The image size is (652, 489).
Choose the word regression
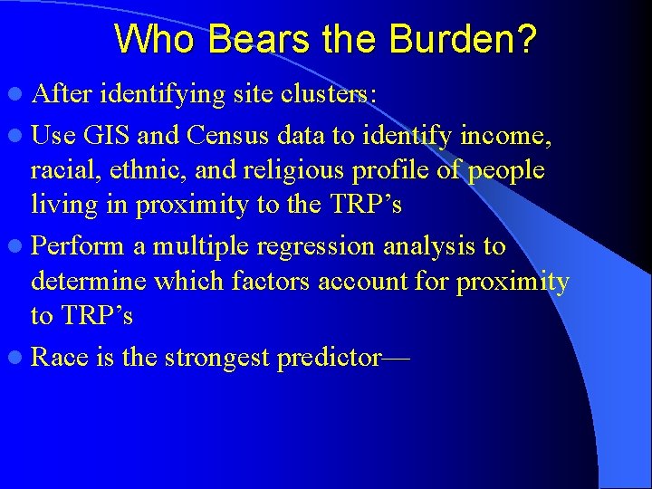pyautogui.click(x=312, y=246)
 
